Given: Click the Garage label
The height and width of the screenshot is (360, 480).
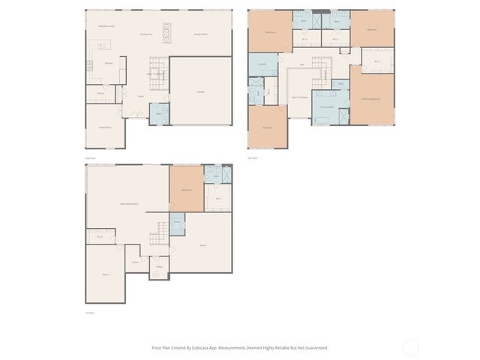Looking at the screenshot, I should tap(201, 91).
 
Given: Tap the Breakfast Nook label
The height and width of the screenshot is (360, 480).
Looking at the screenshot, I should tap(106, 25).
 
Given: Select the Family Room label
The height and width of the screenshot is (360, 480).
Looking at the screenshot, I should tap(201, 34).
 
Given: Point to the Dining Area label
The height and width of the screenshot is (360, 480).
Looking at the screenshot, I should tap(146, 34).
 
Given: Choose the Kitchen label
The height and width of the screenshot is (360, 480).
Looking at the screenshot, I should tap(109, 64).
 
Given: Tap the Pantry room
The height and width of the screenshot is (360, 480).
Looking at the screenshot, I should tap(100, 94).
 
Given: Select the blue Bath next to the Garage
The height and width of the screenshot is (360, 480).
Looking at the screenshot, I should tap(159, 114).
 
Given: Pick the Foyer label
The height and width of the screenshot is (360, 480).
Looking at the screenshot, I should tap(140, 96).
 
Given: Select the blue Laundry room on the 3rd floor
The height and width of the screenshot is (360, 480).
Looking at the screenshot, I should tap(262, 64).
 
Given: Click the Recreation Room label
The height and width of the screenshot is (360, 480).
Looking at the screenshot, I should tap(129, 204).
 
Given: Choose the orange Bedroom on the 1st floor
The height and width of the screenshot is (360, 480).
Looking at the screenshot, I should tap(186, 190).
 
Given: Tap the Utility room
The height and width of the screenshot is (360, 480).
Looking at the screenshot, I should tap(159, 267).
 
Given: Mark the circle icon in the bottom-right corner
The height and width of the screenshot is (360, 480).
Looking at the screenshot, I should tap(410, 347).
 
